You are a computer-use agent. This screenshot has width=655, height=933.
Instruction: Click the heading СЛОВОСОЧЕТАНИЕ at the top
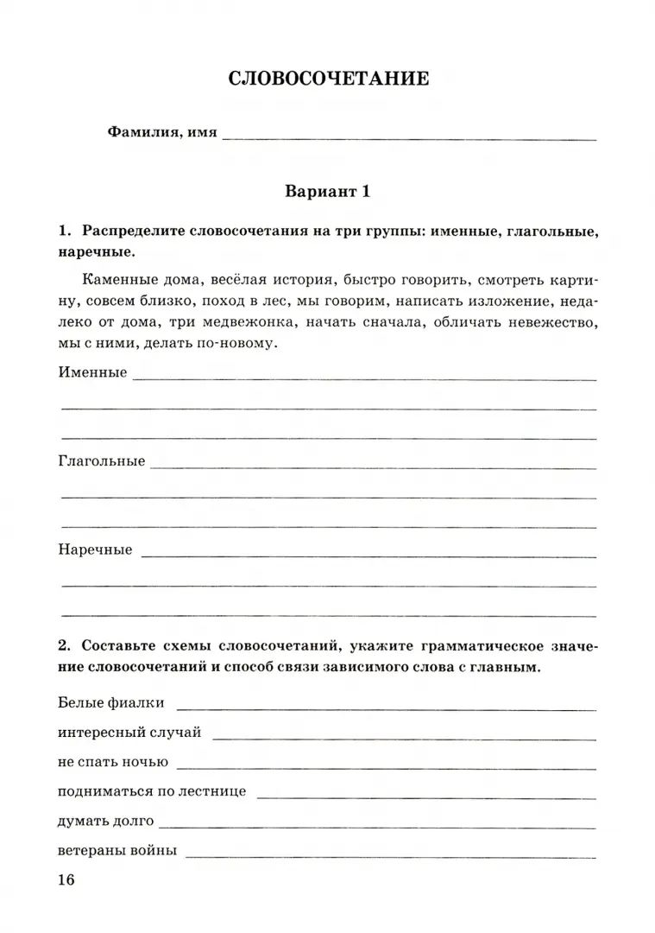point(328,79)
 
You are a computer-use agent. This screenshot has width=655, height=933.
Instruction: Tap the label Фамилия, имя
point(162,132)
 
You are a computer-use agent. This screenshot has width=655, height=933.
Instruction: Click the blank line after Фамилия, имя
point(409,136)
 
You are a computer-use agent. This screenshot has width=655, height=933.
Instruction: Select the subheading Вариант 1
point(328,192)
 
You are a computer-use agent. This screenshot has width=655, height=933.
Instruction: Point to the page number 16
point(66,879)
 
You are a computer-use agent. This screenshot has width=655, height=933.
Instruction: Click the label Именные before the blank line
point(92,372)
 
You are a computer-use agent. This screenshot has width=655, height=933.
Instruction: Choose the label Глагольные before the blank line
point(102,461)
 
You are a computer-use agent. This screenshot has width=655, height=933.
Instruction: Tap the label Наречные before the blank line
point(96,549)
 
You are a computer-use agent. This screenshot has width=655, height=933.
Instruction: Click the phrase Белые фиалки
point(111,703)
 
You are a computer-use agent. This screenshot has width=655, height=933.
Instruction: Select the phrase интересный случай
point(130,733)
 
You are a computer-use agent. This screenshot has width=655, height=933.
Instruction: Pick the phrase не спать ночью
point(113,762)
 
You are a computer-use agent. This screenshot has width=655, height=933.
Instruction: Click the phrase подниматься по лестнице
point(153,791)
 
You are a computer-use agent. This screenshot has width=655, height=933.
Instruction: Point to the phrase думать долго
point(106,821)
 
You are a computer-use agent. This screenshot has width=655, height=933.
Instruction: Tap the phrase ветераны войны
point(118,850)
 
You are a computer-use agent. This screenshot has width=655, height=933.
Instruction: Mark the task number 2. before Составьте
point(66,646)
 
